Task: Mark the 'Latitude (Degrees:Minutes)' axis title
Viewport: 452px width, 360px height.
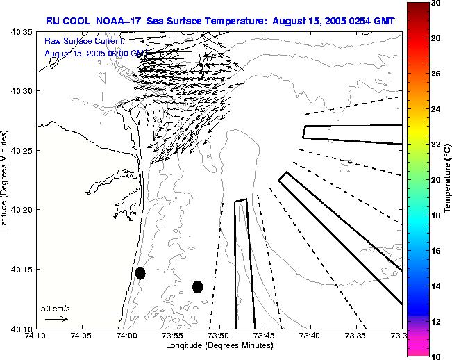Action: coord(6,179)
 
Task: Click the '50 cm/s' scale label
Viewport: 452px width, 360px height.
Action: coord(56,308)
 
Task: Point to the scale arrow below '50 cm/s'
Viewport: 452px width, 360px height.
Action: coord(56,319)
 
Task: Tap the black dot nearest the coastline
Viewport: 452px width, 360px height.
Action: coord(140,273)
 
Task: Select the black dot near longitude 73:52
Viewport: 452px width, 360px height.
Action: coord(197,286)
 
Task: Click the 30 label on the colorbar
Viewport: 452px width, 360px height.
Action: coord(435,4)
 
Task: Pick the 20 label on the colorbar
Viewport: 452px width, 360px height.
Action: coord(435,179)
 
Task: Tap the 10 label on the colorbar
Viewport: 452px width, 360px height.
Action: coord(435,356)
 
